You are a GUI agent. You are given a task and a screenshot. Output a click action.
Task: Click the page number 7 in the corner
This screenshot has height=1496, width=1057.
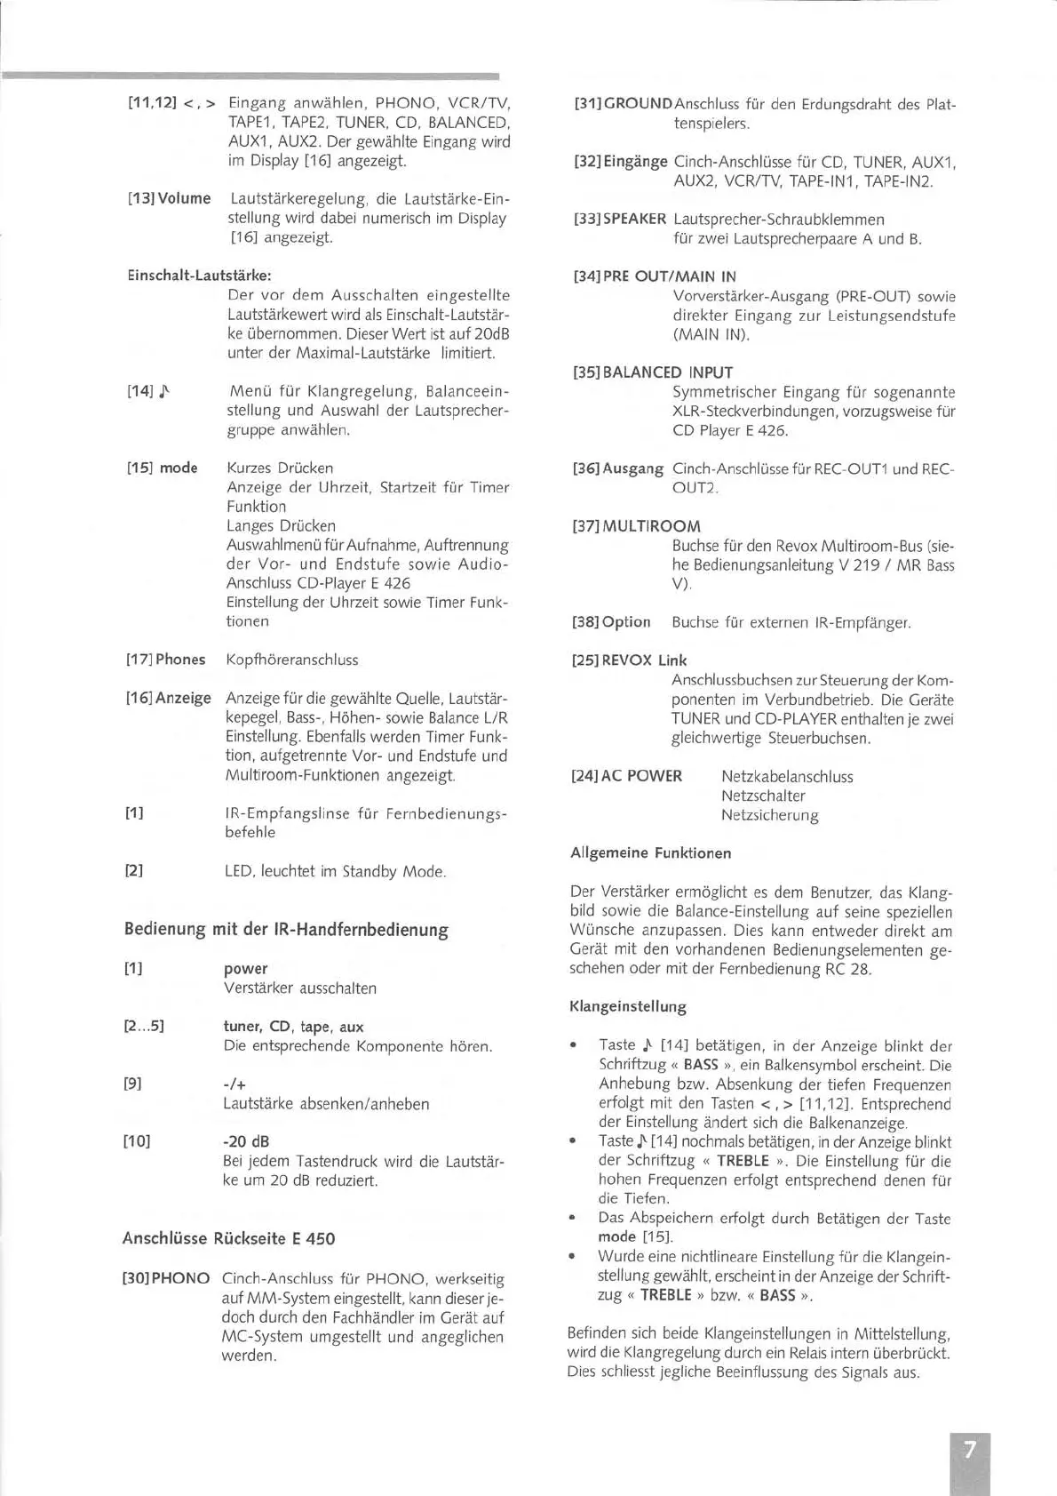pos(969,1450)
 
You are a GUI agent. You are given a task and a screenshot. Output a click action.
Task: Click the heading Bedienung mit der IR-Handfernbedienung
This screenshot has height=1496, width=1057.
pos(286,930)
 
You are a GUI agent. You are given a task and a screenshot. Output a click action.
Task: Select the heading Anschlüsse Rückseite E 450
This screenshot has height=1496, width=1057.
pos(228,1238)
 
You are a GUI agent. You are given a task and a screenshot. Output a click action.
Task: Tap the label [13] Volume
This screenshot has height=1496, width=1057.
pos(170,198)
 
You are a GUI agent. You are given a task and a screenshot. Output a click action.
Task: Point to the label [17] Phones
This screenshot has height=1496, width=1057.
pos(166,660)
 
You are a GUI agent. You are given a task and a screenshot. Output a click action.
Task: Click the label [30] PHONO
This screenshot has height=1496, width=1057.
pos(166,1279)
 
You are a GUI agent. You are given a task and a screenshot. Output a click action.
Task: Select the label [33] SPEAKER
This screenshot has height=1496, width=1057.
pos(619,220)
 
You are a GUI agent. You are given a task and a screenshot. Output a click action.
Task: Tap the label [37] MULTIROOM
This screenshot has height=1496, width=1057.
pos(636,526)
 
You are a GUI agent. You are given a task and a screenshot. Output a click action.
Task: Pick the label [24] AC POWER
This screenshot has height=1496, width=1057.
pos(626,776)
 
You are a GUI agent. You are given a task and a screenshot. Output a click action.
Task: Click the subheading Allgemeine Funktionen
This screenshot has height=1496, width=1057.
pos(650,853)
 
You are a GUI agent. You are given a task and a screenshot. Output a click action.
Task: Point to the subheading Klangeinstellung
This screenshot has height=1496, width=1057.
pos(628,1007)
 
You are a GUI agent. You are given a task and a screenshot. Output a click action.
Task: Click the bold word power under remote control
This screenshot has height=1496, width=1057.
pos(245,969)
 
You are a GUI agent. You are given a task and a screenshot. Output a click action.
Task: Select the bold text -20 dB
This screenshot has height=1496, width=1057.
pos(246,1141)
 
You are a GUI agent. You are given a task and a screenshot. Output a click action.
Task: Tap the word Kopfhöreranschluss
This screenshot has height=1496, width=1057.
pos(292,660)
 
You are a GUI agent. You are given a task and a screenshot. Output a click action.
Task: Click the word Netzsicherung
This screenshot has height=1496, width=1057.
pos(769,815)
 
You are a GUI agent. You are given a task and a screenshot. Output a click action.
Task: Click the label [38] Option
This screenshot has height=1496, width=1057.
pos(611,622)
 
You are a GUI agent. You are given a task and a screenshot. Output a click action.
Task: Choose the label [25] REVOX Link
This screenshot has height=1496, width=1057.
pos(629,660)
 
